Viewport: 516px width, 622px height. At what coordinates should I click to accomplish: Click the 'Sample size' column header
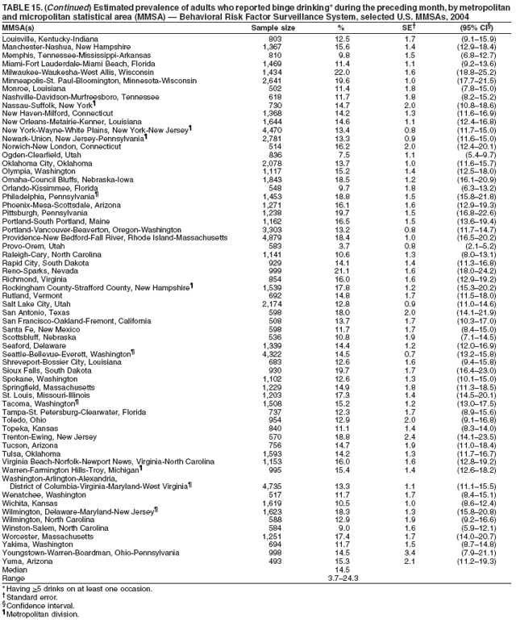click(x=273, y=27)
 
